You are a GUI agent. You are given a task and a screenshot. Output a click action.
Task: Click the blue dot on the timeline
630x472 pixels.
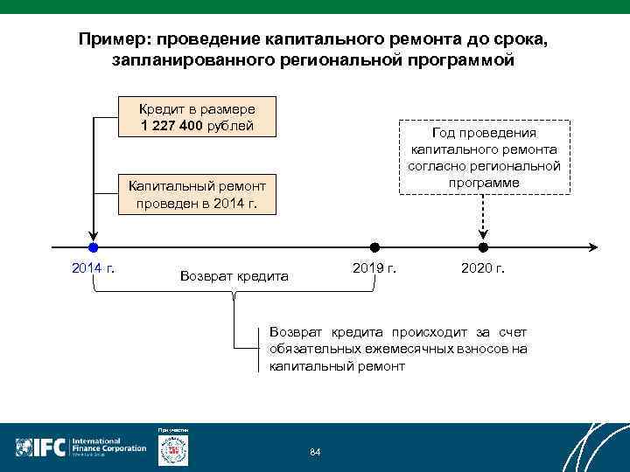click(x=93, y=247)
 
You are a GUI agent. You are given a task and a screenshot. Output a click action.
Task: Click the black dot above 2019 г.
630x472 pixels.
click(x=374, y=247)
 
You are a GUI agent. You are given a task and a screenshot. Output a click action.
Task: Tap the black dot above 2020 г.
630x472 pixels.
click(x=483, y=247)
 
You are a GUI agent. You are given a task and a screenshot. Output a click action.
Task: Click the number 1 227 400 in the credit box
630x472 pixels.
click(x=171, y=126)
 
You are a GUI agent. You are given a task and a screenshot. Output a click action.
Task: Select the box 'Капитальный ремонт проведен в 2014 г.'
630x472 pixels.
click(x=197, y=194)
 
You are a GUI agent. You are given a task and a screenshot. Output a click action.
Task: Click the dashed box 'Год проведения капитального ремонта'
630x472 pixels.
click(x=484, y=157)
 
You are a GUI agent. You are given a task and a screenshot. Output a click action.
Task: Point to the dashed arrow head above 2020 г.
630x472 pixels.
click(x=483, y=234)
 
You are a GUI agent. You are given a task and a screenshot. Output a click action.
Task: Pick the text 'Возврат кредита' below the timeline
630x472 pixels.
click(x=234, y=276)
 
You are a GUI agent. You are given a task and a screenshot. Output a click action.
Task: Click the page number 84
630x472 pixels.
click(x=316, y=451)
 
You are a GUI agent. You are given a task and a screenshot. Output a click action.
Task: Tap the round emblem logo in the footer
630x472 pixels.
click(x=172, y=449)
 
